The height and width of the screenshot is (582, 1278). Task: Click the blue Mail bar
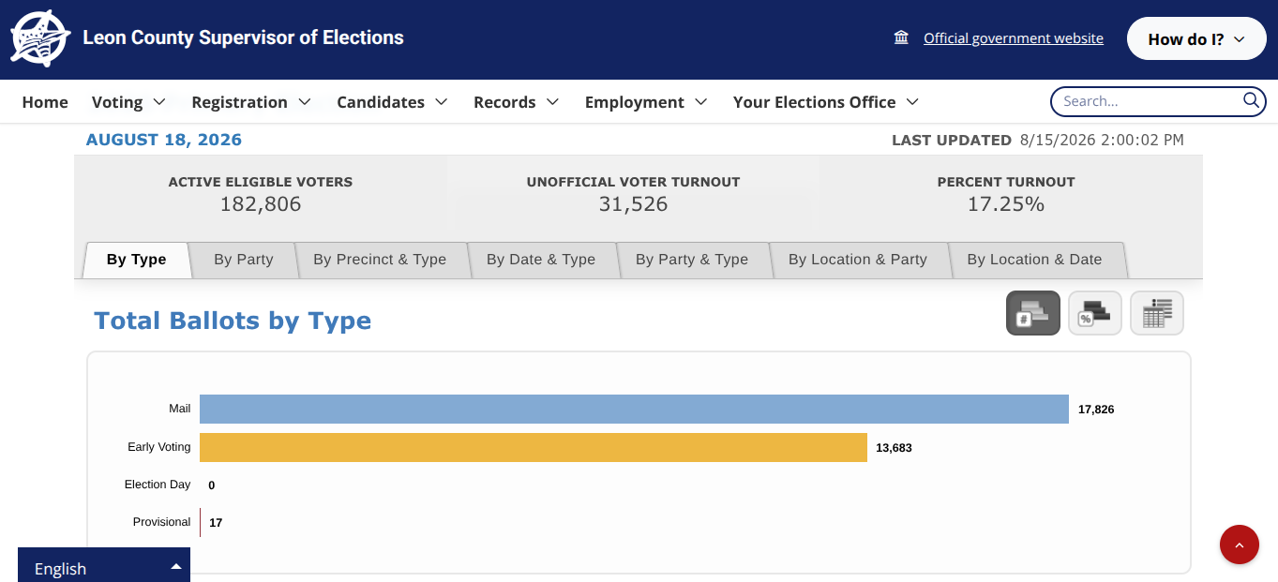(x=634, y=409)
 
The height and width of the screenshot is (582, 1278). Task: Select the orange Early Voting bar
(x=534, y=447)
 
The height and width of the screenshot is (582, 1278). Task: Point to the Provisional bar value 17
(x=216, y=523)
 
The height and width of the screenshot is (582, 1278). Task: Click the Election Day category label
(x=158, y=485)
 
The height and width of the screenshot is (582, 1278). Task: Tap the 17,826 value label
(x=1096, y=410)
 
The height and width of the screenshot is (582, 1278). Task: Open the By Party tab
(x=244, y=260)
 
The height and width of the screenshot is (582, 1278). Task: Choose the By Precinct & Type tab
(x=380, y=260)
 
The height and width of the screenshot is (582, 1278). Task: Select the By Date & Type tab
(x=541, y=260)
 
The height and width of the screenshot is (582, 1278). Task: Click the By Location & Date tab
(x=1034, y=260)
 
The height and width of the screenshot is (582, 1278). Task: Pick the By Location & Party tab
(x=858, y=260)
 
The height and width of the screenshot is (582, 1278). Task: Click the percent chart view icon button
(x=1095, y=313)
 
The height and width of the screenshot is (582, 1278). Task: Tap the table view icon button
(x=1157, y=313)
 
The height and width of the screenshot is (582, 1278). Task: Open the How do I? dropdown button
(x=1196, y=38)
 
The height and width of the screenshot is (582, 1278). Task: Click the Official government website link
(x=1014, y=38)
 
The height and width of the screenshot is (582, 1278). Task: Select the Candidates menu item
(x=392, y=102)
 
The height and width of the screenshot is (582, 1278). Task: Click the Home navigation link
(x=45, y=102)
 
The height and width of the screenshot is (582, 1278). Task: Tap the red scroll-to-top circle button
(x=1240, y=545)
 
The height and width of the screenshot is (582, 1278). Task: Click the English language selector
(x=104, y=565)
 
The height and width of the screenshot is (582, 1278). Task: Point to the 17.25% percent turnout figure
(x=1006, y=204)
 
